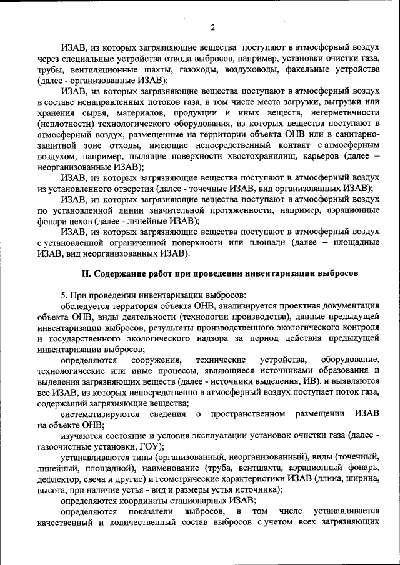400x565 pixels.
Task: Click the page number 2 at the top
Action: click(x=212, y=27)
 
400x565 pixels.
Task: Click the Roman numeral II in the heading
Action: click(x=87, y=273)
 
